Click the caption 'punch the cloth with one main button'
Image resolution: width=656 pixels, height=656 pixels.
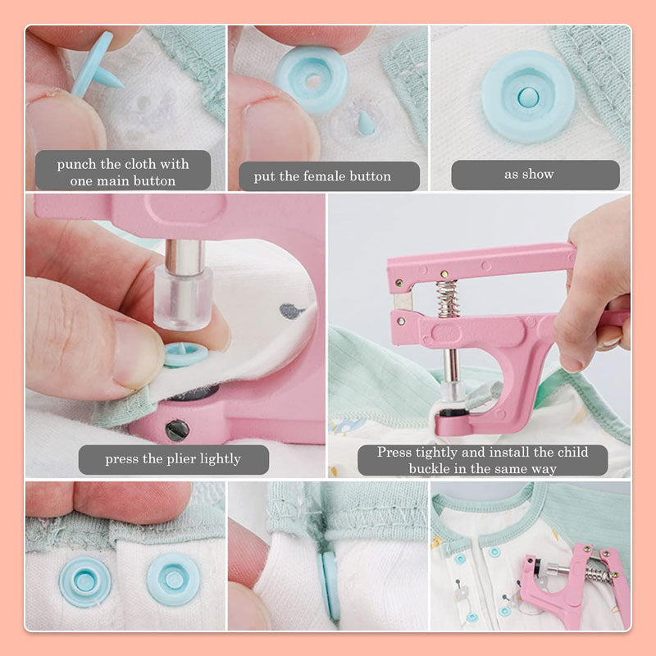pyautogui.click(x=122, y=171)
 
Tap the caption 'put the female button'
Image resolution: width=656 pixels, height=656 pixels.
pyautogui.click(x=328, y=176)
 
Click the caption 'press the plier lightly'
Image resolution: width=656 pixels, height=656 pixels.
pyautogui.click(x=174, y=459)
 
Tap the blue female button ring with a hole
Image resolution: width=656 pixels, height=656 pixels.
pyautogui.click(x=312, y=80)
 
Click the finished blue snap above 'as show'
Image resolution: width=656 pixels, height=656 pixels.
pyautogui.click(x=527, y=97)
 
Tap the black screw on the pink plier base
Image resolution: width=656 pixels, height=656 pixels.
pyautogui.click(x=176, y=429)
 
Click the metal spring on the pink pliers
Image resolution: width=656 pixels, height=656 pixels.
pyautogui.click(x=448, y=298)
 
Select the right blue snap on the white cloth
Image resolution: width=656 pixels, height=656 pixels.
pyautogui.click(x=173, y=577)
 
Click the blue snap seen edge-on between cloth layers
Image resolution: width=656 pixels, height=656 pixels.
pyautogui.click(x=330, y=583)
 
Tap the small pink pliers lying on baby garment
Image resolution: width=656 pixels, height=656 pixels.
pyautogui.click(x=574, y=578)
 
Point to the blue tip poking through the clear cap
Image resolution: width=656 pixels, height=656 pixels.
pyautogui.click(x=365, y=123)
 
